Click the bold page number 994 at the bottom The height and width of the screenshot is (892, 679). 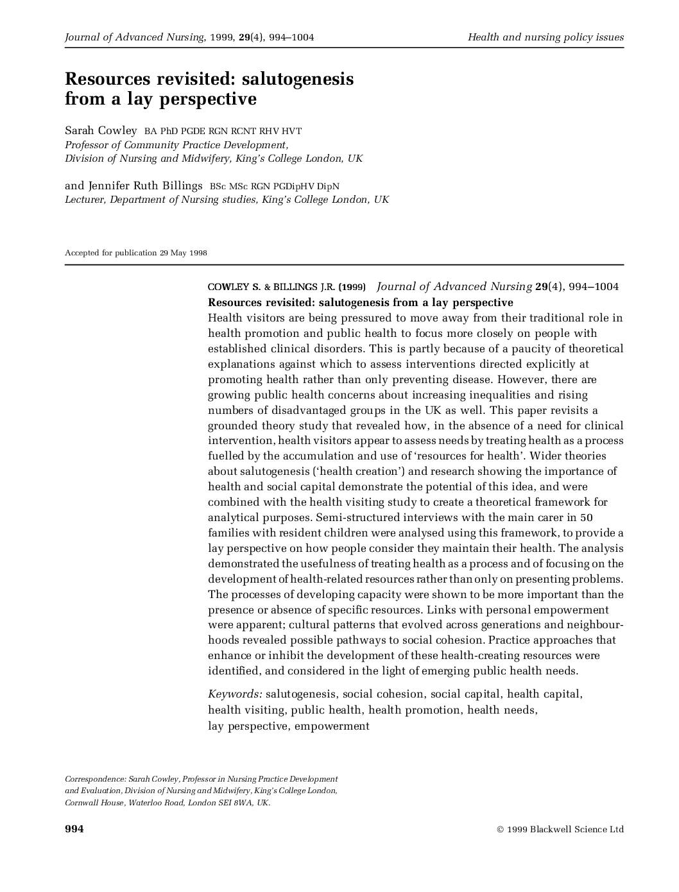(x=74, y=829)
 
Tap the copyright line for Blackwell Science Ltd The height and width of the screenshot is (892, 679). (x=560, y=829)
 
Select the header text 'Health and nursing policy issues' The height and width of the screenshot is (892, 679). (x=546, y=37)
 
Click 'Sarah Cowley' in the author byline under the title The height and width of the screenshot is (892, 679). (x=101, y=131)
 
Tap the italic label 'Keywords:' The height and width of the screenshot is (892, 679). (x=235, y=694)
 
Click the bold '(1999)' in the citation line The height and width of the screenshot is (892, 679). (x=352, y=287)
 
